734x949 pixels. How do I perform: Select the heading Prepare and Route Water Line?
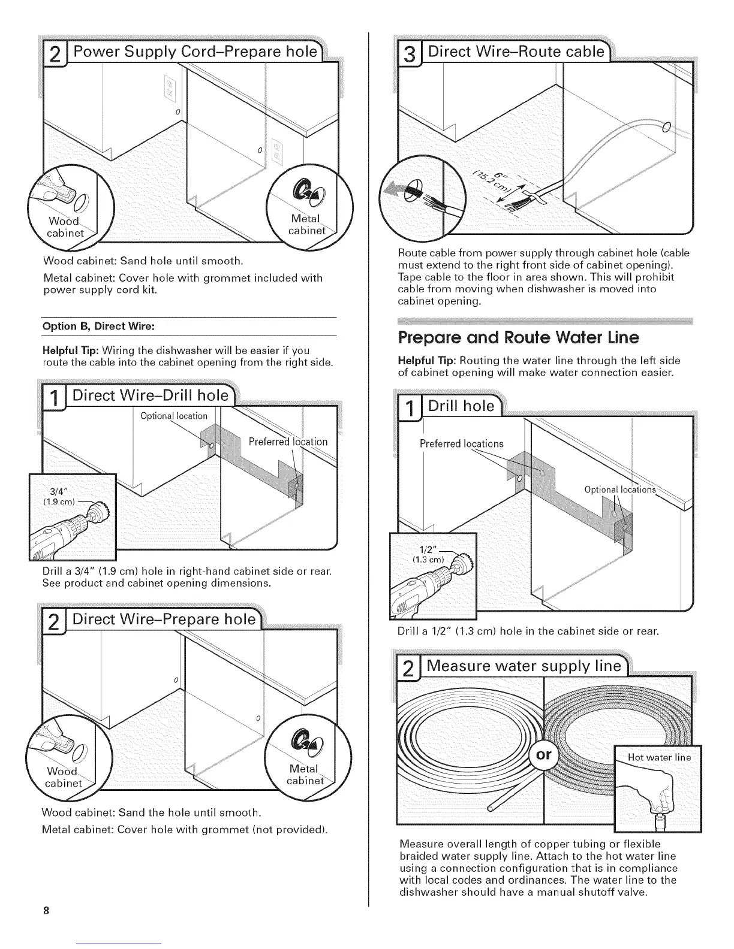click(519, 338)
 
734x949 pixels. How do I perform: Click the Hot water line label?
click(659, 757)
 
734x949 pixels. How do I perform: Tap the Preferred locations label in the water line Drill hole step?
click(461, 443)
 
